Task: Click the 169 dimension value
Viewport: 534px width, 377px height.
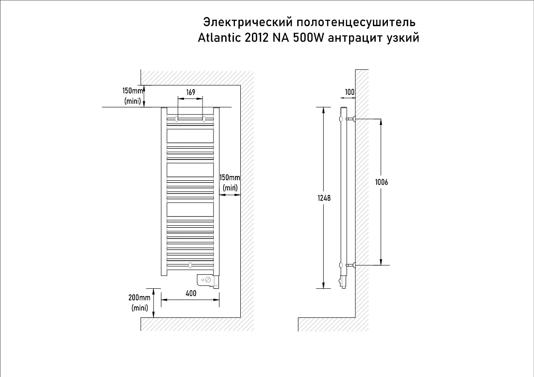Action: pyautogui.click(x=191, y=92)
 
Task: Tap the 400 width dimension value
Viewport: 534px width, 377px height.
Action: pyautogui.click(x=191, y=293)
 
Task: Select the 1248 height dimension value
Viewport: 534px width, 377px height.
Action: pyautogui.click(x=324, y=198)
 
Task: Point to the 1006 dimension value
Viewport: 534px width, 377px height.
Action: pyautogui.click(x=382, y=182)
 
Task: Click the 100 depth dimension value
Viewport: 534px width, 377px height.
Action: pyautogui.click(x=350, y=92)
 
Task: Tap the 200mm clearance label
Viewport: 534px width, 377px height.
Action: pyautogui.click(x=139, y=298)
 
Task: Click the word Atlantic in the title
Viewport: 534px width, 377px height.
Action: pyautogui.click(x=219, y=38)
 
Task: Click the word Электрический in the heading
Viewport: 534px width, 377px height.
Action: pyautogui.click(x=248, y=22)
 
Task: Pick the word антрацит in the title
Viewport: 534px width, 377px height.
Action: pyautogui.click(x=355, y=38)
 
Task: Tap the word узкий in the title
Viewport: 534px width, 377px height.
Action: pyautogui.click(x=403, y=38)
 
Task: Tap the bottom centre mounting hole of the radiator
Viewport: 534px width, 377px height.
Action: pyautogui.click(x=190, y=265)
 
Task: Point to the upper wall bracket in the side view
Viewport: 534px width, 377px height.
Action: pyautogui.click(x=351, y=119)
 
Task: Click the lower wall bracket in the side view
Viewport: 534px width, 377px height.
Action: pyautogui.click(x=351, y=265)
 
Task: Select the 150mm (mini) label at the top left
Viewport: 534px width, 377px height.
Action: pyautogui.click(x=133, y=96)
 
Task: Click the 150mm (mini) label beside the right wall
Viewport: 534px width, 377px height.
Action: pyautogui.click(x=230, y=183)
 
